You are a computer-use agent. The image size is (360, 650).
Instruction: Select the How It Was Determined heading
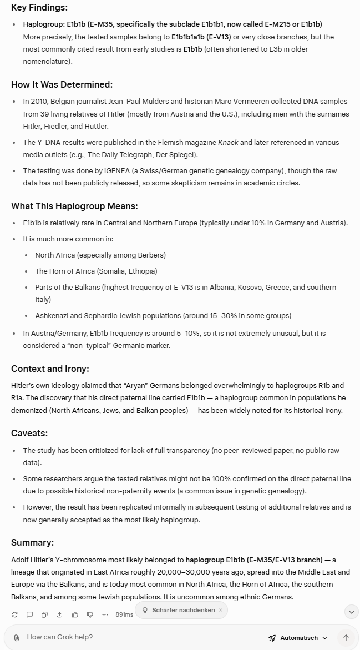pos(62,85)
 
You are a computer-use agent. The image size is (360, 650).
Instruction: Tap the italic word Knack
pos(228,143)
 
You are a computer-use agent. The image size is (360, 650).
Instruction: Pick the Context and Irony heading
pos(50,369)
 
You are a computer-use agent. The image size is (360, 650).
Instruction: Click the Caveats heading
pos(29,433)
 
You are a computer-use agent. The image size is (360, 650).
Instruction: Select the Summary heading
pos(32,543)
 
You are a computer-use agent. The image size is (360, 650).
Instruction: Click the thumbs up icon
pos(75,614)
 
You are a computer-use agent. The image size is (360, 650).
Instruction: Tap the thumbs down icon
pos(90,614)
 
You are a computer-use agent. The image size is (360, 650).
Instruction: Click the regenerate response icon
pos(14,614)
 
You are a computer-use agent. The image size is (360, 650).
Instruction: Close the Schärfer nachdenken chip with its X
pos(220,610)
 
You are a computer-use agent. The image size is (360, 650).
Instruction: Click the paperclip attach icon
pos(17,638)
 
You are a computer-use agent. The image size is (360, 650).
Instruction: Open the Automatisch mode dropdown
pos(298,638)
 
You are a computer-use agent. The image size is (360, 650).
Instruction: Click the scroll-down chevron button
pos(351,612)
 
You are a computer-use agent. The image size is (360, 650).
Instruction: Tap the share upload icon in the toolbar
pos(59,614)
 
